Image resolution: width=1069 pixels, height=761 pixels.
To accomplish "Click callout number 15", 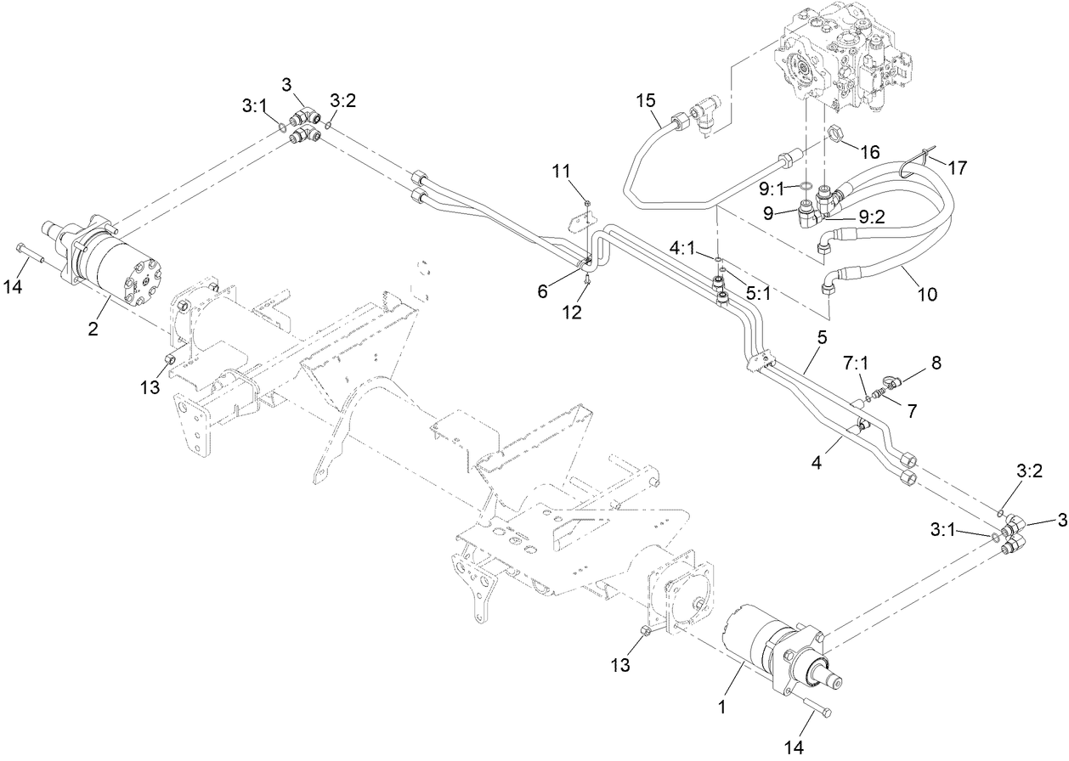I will coord(646,100).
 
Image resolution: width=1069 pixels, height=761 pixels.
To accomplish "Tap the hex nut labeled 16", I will coord(835,134).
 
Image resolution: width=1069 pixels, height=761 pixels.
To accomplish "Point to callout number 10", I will coord(927,295).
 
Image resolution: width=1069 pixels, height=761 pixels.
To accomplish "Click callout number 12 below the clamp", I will coord(572,313).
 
